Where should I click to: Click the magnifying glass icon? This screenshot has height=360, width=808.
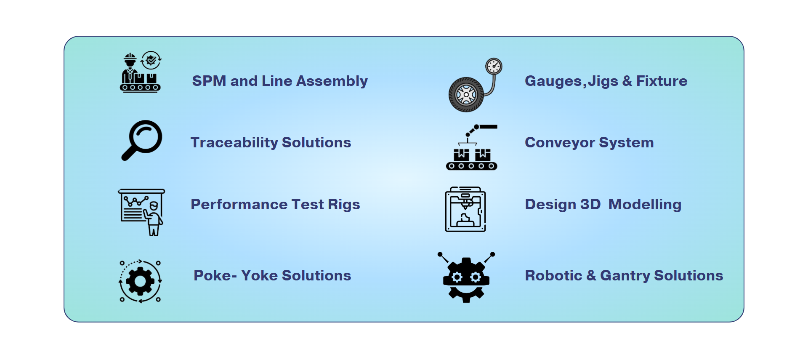(142, 140)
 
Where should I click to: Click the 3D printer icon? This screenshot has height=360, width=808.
(465, 209)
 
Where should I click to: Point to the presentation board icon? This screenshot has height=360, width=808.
(141, 212)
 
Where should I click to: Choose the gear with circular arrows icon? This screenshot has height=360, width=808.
(140, 281)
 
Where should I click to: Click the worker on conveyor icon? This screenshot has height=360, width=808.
(140, 72)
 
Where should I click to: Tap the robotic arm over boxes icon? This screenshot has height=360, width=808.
(472, 147)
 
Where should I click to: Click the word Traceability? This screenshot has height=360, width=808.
(234, 143)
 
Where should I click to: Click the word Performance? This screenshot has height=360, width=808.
(239, 204)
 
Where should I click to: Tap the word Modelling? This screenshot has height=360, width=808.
(645, 204)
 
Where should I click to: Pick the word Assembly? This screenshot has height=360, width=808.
(332, 81)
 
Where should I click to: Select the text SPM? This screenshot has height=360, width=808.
(209, 81)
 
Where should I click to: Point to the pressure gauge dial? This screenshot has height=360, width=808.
(494, 67)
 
